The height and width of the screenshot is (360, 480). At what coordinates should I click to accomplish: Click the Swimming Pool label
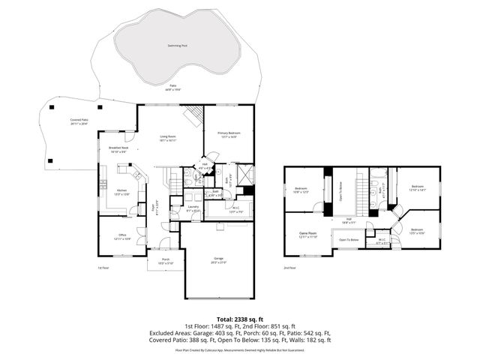[177, 46]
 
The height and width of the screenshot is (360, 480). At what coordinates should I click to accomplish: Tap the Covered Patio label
[79, 120]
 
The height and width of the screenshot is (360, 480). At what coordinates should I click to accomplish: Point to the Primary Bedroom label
[229, 132]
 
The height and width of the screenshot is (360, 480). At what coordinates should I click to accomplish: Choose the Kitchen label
[121, 190]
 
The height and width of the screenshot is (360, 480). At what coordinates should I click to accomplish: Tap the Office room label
[121, 236]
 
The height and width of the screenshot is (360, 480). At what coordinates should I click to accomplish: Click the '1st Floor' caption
[103, 268]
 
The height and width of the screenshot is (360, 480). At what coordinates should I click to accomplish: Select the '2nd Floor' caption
[289, 268]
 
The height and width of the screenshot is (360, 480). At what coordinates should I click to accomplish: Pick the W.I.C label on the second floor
[382, 241]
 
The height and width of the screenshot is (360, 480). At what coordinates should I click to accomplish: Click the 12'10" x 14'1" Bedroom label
[417, 188]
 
